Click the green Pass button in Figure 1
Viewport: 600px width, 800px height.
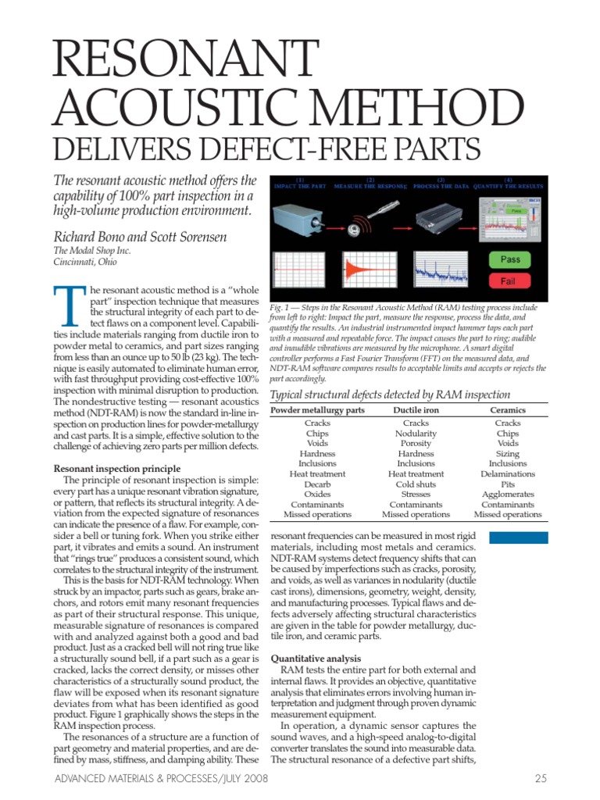point(514,259)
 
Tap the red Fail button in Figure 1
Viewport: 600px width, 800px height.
point(514,280)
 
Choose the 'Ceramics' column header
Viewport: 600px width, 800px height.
point(507,409)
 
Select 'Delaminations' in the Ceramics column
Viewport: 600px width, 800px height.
point(508,474)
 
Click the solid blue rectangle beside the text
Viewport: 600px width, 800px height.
point(518,537)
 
